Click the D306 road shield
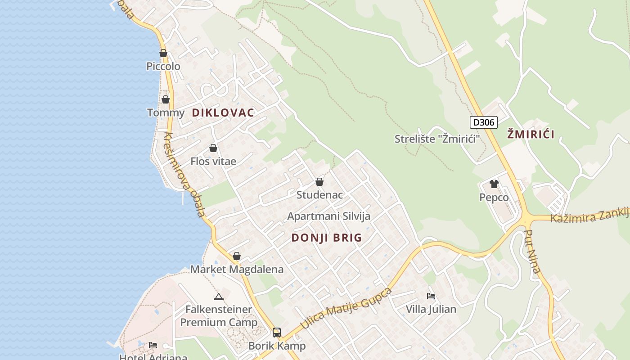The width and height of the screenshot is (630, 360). pyautogui.click(x=484, y=122)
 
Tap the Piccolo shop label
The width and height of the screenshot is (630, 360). pyautogui.click(x=163, y=66)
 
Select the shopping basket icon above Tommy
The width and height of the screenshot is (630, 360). pyautogui.click(x=166, y=99)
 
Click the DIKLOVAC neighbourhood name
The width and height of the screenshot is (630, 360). pyautogui.click(x=223, y=112)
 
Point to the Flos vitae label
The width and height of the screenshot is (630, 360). pyautogui.click(x=213, y=161)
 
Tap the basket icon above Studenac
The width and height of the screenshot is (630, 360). pyautogui.click(x=319, y=182)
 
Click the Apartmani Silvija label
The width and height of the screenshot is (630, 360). pyautogui.click(x=329, y=216)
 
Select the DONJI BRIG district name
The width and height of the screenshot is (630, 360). pyautogui.click(x=327, y=238)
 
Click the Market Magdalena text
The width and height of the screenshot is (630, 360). pyautogui.click(x=237, y=269)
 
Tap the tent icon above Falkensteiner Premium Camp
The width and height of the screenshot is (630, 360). pyautogui.click(x=219, y=297)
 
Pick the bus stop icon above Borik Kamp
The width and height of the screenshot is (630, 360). pyautogui.click(x=277, y=333)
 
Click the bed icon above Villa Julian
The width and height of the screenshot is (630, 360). pyautogui.click(x=431, y=296)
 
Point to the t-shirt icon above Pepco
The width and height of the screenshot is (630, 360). pyautogui.click(x=494, y=184)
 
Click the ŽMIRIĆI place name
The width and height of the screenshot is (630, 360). pyautogui.click(x=531, y=134)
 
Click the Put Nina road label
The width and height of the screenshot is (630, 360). pyautogui.click(x=533, y=252)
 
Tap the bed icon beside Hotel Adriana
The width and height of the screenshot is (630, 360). pyautogui.click(x=153, y=345)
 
